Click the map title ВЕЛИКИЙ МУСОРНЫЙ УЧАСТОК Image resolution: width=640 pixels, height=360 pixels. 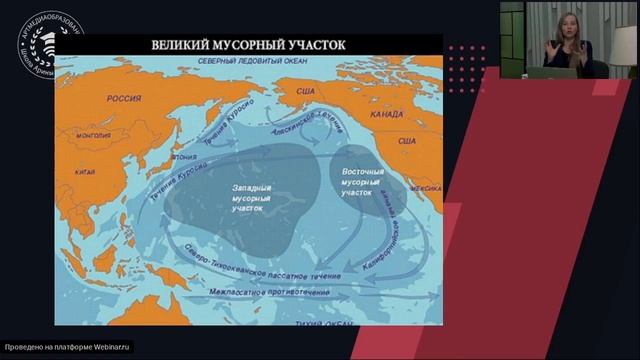pos(248,45)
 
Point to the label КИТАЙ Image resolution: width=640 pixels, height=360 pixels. pos(86,171)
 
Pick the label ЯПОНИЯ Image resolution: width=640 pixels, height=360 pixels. pos(182,157)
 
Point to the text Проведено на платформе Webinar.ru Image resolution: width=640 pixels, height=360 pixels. pos(67,348)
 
